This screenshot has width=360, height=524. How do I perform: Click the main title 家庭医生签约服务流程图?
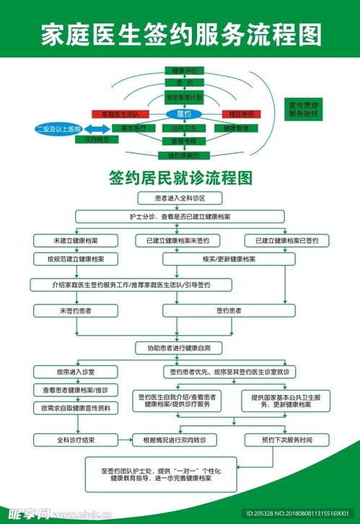pos(180,33)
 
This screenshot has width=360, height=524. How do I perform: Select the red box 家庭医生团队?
pos(120,114)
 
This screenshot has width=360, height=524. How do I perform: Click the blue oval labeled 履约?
pos(183,114)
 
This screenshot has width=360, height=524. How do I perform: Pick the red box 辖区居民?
pos(240,114)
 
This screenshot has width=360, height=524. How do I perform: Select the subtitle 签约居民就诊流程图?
pos(180,177)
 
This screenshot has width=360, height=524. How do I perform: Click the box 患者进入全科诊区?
pos(179,197)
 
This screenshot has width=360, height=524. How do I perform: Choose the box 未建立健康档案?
pos(76,240)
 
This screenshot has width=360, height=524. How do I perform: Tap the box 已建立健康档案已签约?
pos(287,240)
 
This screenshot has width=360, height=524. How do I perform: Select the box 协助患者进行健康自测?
pos(180,348)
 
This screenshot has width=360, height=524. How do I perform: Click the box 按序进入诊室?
pos(76,372)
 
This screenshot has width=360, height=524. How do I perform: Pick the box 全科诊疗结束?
pos(76,439)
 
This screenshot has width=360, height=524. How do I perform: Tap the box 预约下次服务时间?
pos(288,439)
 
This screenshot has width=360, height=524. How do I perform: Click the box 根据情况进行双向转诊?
pos(180,439)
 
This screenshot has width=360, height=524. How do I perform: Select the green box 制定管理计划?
pos(184,97)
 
